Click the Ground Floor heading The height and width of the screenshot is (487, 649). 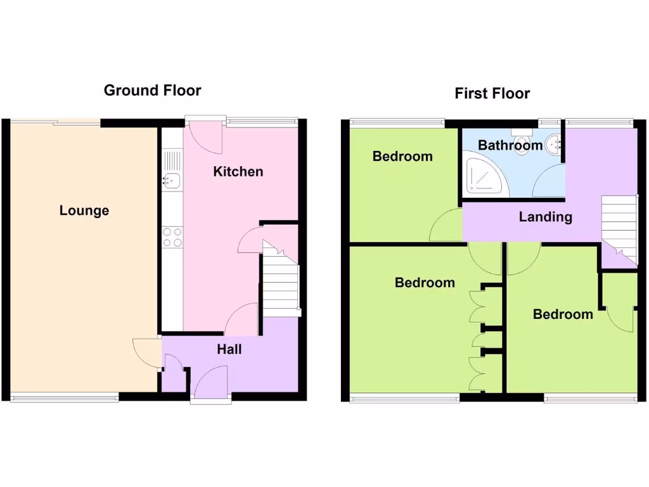pos(152,91)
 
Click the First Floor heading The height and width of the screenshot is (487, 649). pos(492,94)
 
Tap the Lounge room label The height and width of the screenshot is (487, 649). pos(84,211)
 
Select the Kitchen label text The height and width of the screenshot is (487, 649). pos(238,171)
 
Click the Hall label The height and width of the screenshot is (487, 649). pos(229,349)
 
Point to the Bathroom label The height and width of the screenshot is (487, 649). pos(510,145)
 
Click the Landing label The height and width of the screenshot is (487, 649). pos(545,217)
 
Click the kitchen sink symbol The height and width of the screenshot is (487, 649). pos(171,180)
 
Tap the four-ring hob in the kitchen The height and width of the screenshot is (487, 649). pos(172,237)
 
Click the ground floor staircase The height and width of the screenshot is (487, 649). pos(280,282)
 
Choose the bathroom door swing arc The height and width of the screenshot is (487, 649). pos(549,184)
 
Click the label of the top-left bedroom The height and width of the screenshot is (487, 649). pos(402,156)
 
